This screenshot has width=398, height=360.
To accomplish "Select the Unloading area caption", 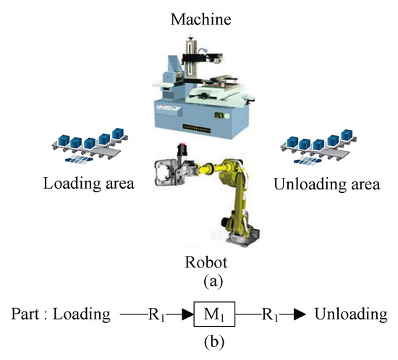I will [326, 184].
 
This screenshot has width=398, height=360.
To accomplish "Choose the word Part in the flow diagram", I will [25, 315].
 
